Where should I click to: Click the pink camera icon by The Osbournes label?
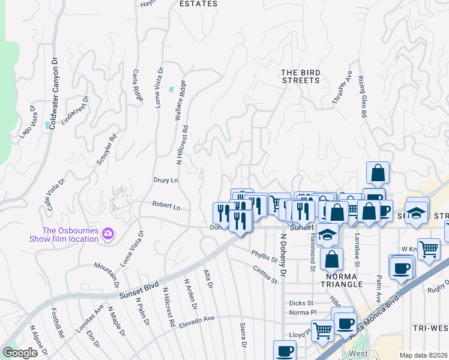point(108,233)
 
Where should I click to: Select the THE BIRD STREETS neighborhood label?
point(301,76)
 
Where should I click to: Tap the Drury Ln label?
point(166,180)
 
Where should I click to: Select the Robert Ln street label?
point(166,206)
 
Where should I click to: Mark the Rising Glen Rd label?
point(362,95)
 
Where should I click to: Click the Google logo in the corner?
point(20,353)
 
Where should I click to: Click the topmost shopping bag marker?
point(378,173)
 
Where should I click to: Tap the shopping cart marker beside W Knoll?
point(428,248)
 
